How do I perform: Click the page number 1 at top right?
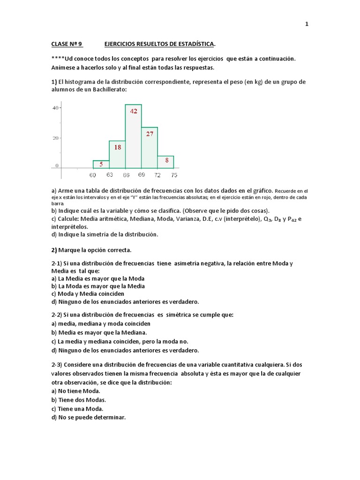click(307, 24)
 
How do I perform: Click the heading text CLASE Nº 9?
click(67, 45)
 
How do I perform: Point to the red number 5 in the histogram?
click(101, 164)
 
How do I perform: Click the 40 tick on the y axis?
click(55, 108)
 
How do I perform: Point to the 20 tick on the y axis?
click(55, 138)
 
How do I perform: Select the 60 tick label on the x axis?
click(93, 175)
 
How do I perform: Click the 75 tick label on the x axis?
click(174, 175)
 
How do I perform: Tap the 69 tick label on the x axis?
click(142, 175)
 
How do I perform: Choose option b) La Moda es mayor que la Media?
click(98, 286)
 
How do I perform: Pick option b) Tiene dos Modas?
click(79, 400)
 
